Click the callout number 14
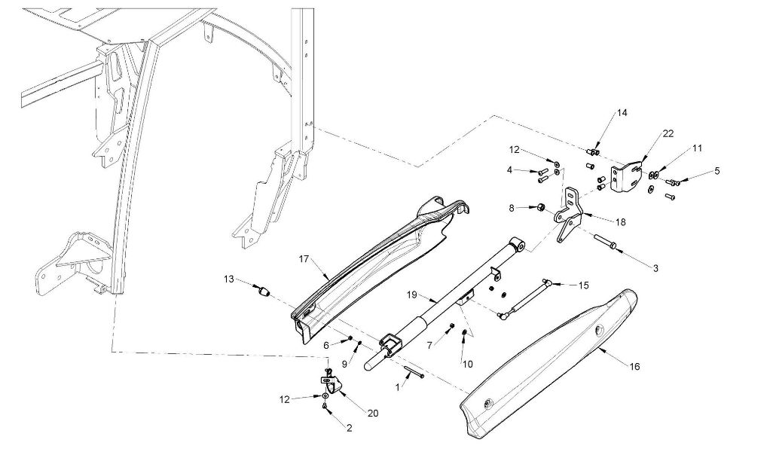click(622, 113)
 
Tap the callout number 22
click(668, 133)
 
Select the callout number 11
click(698, 148)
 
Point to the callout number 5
click(717, 171)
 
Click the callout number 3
click(655, 268)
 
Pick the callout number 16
click(635, 366)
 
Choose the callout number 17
click(304, 259)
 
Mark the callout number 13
click(229, 279)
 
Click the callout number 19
click(411, 295)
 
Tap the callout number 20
click(373, 414)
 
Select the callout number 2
click(349, 428)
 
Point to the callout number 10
click(467, 365)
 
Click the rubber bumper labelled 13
click(264, 292)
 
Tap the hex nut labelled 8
click(539, 207)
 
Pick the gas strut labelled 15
click(524, 298)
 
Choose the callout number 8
click(512, 208)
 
